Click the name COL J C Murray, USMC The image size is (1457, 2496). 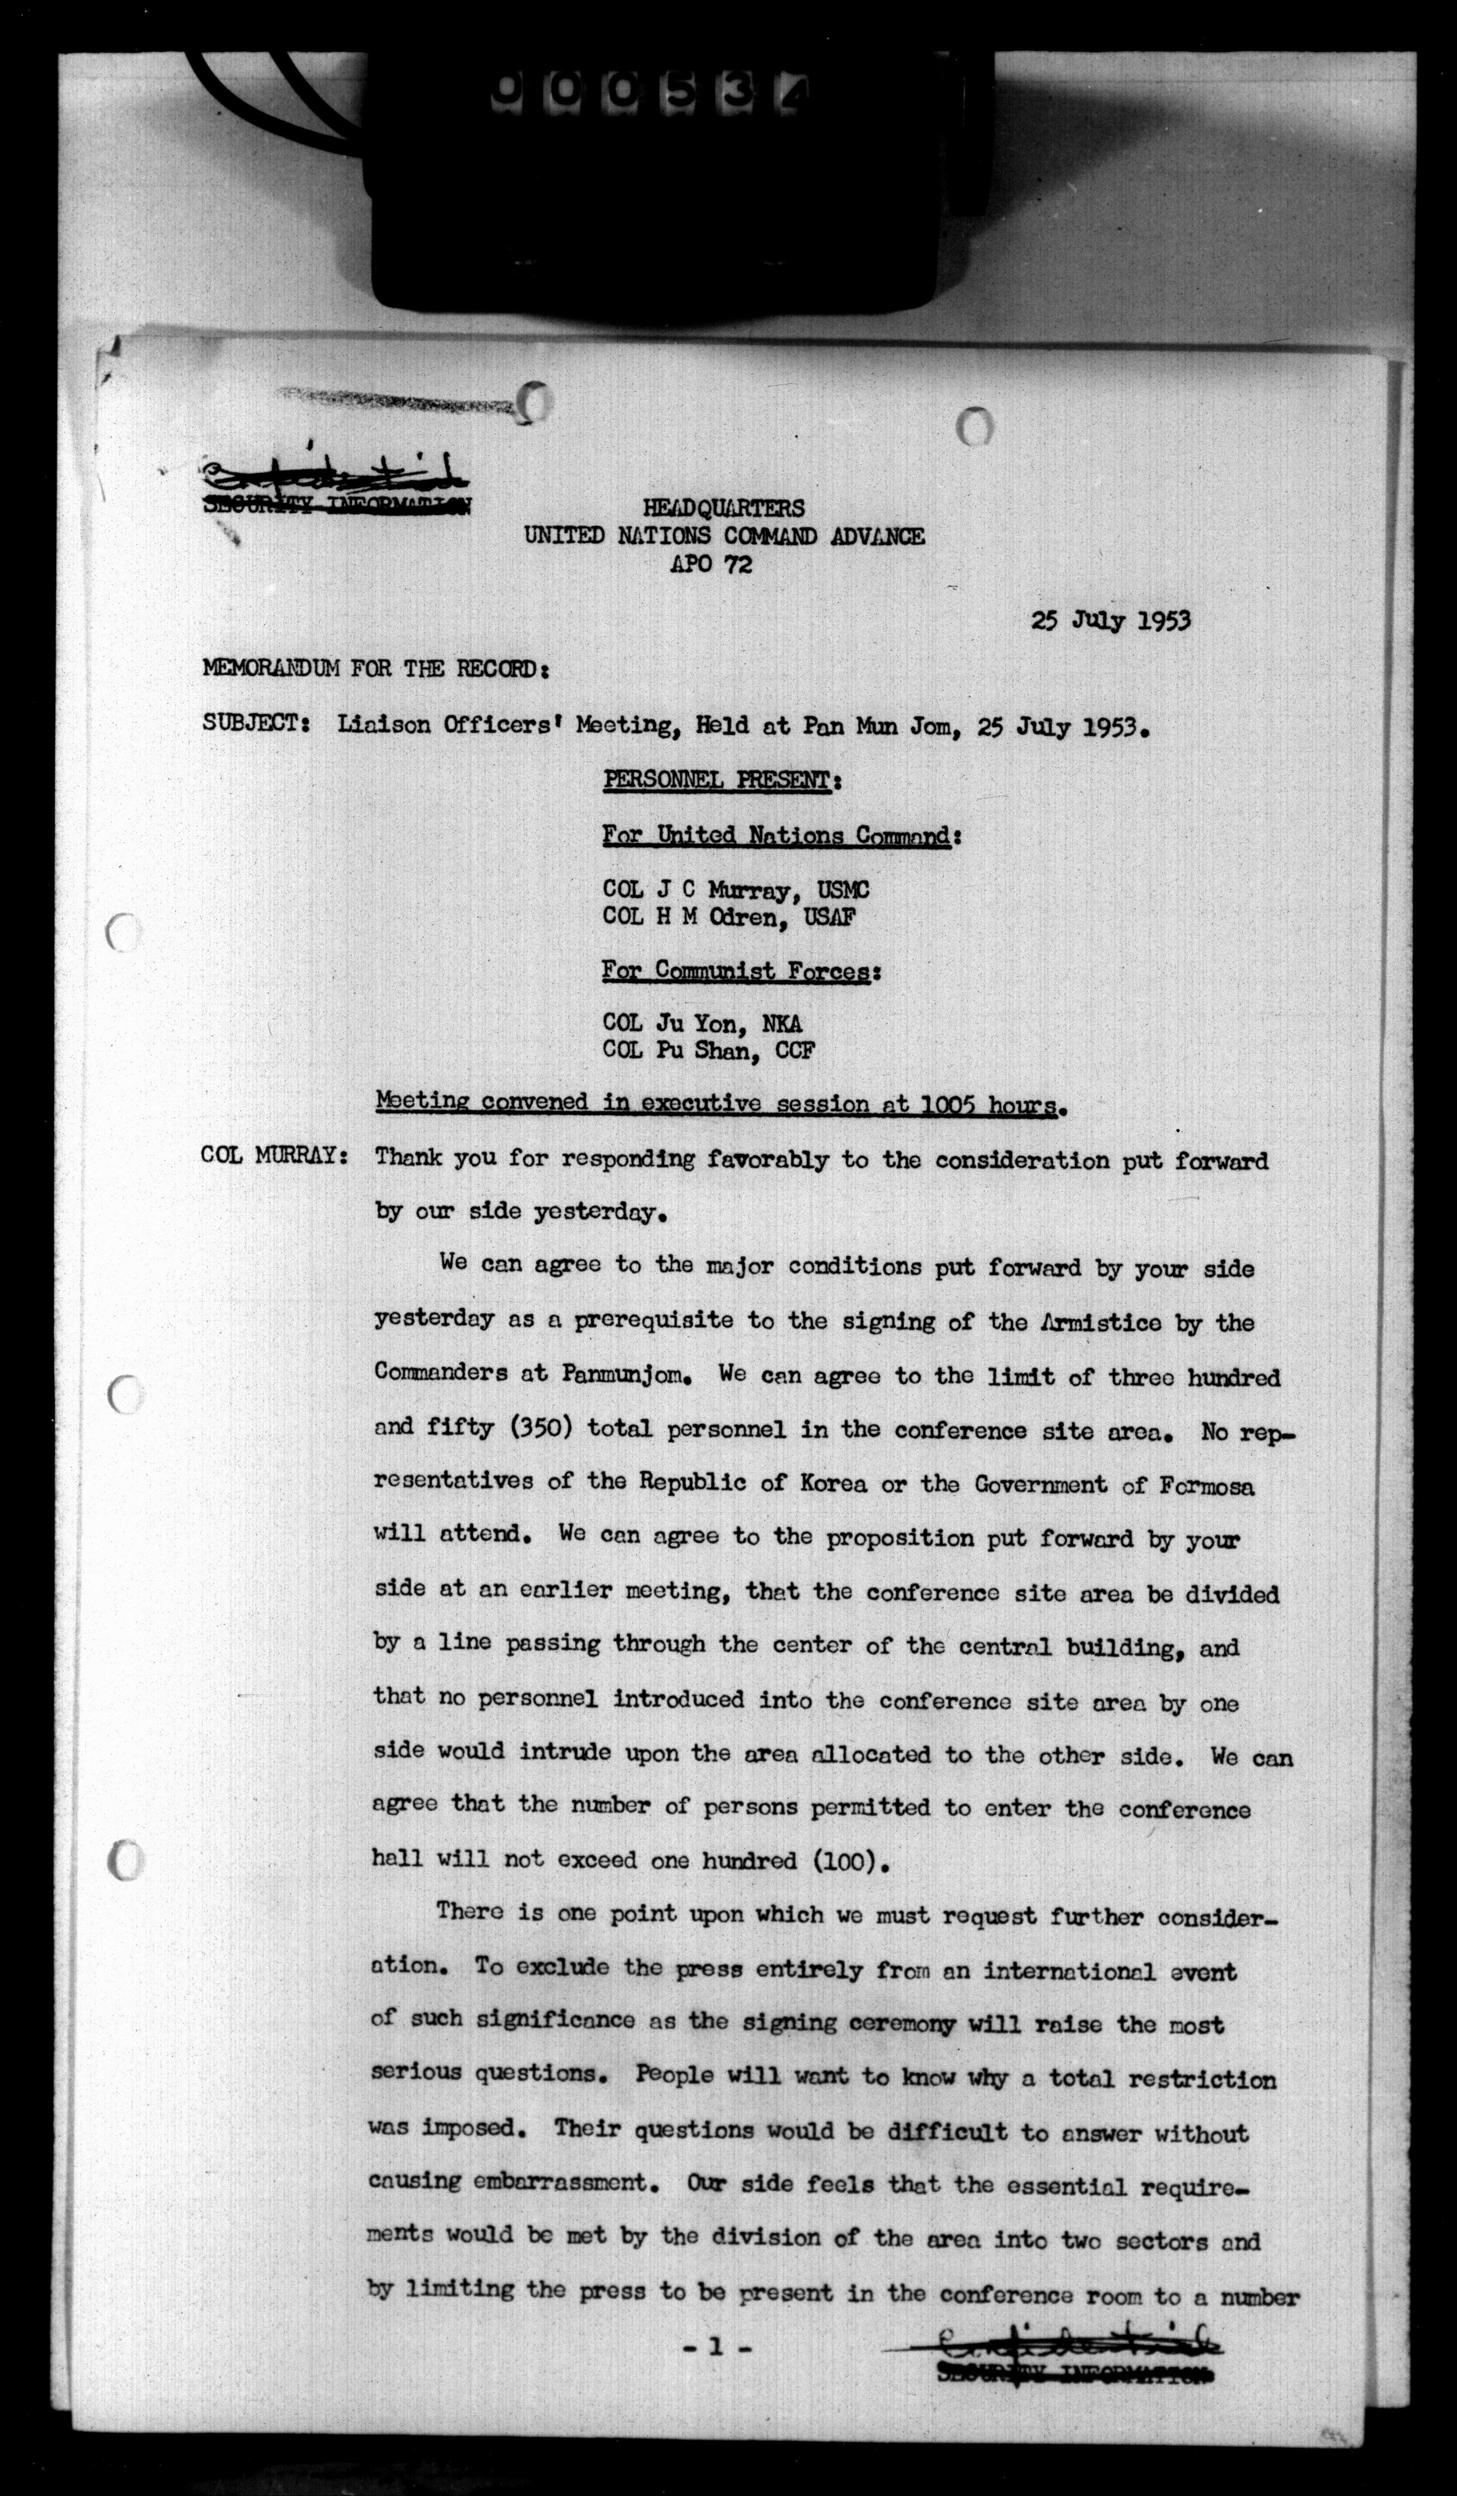[x=736, y=890]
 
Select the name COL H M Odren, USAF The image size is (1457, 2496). [x=729, y=917]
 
